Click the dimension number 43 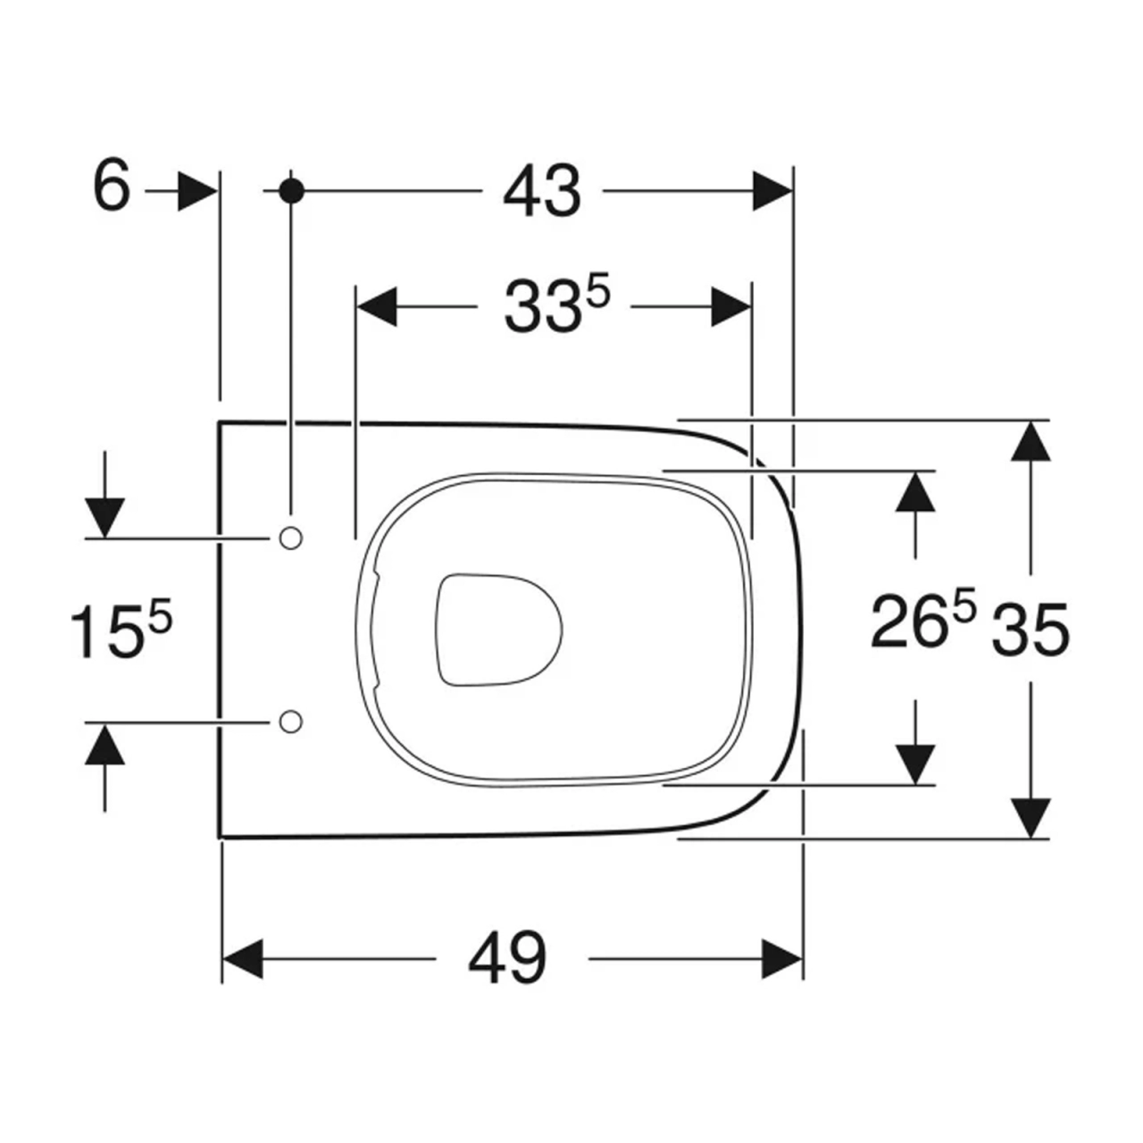click(x=541, y=191)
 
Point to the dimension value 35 click(x=1030, y=630)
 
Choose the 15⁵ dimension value click(x=121, y=630)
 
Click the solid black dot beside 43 click(x=291, y=191)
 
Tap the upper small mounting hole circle click(x=290, y=538)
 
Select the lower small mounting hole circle click(x=290, y=722)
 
